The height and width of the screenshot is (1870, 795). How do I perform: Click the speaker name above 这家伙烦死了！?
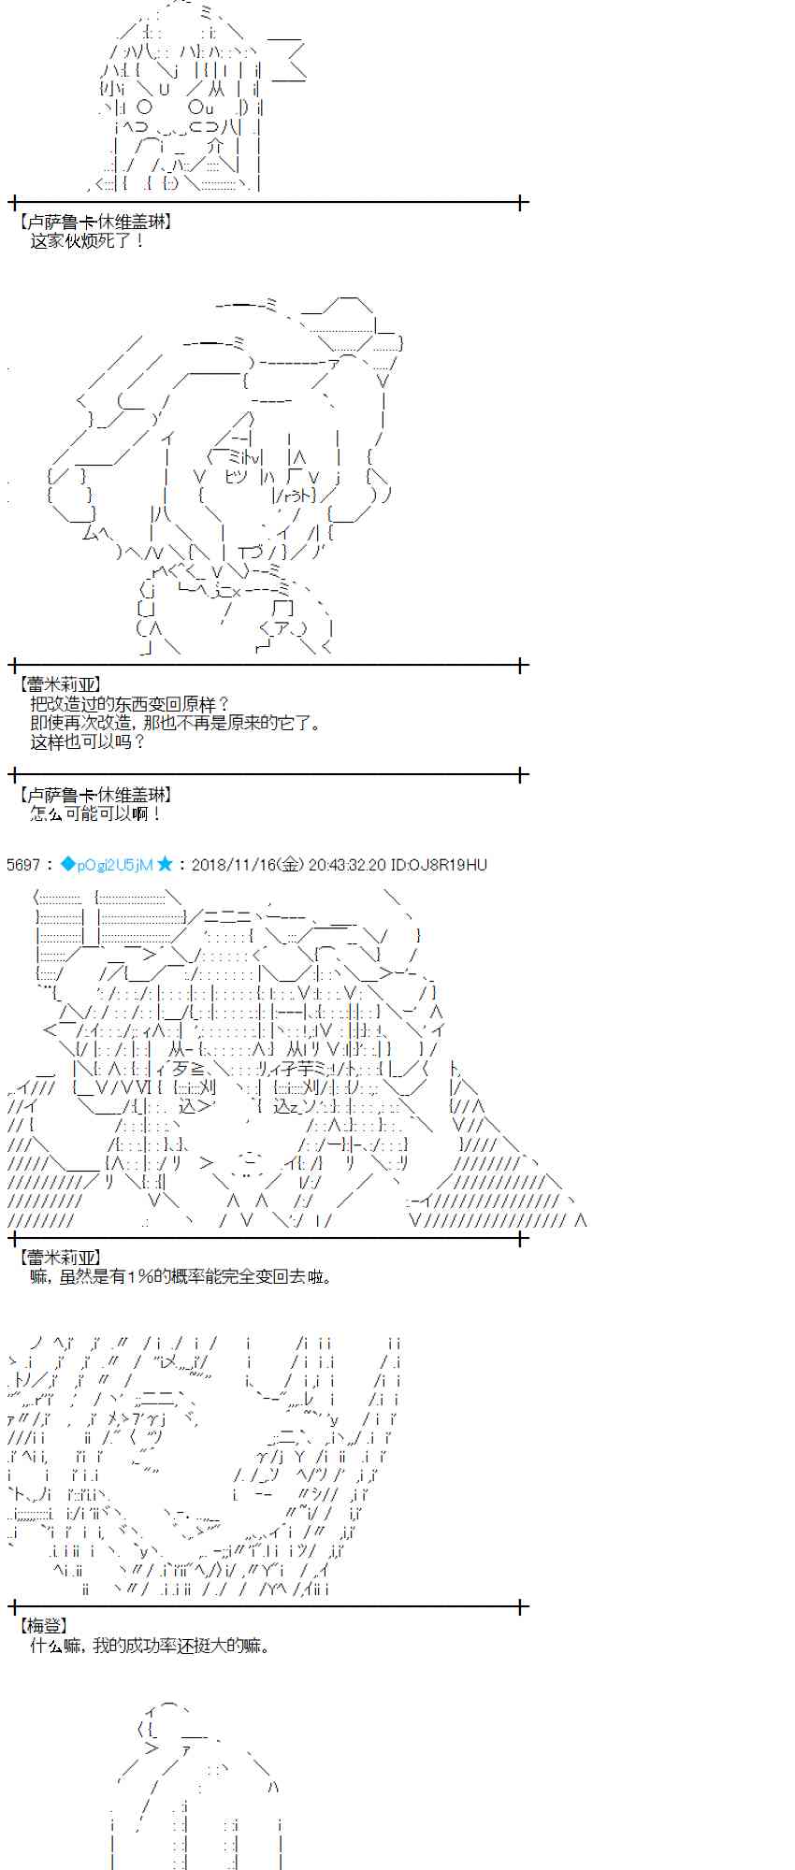pyautogui.click(x=94, y=223)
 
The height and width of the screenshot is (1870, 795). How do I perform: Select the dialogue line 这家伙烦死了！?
pyautogui.click(x=88, y=241)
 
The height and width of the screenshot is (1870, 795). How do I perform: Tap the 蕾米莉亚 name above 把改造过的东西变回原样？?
pyautogui.click(x=59, y=685)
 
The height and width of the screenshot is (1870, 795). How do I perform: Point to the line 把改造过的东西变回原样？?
pyautogui.click(x=129, y=704)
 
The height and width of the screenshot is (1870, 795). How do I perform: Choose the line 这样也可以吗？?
pyautogui.click(x=88, y=741)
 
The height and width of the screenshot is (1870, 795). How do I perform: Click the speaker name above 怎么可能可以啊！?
pyautogui.click(x=94, y=795)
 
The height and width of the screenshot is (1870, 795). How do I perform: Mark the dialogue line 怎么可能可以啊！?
pyautogui.click(x=96, y=813)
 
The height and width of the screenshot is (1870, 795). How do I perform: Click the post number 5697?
pyautogui.click(x=23, y=865)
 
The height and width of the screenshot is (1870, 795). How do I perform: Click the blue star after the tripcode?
pyautogui.click(x=165, y=865)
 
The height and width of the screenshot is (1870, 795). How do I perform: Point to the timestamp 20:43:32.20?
pyautogui.click(x=346, y=865)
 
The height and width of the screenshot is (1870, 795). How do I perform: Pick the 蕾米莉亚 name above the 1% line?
pyautogui.click(x=59, y=1258)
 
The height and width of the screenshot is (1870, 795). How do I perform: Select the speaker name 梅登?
pyautogui.click(x=44, y=1627)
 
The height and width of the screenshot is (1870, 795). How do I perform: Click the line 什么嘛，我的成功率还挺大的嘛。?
pyautogui.click(x=151, y=1646)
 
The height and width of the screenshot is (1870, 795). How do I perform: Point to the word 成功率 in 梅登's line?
pyautogui.click(x=155, y=1646)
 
